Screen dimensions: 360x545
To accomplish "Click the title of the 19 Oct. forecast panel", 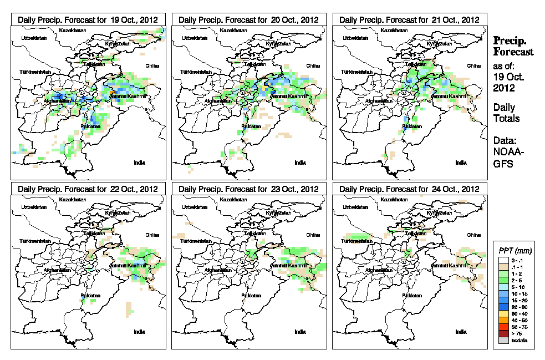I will tap(88, 19).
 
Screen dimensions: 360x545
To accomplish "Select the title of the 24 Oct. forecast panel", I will tap(409, 189).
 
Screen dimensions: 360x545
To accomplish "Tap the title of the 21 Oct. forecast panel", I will tap(409, 19).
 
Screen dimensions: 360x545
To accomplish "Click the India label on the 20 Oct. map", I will tap(300, 163).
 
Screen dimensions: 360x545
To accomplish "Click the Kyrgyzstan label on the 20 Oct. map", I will tap(278, 43).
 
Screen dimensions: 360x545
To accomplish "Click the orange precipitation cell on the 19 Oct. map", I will tap(112, 91).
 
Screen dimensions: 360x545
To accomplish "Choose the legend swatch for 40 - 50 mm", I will tap(502, 321).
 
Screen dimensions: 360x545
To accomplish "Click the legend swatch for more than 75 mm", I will tap(502, 333).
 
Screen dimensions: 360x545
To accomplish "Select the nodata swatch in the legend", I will tap(502, 340).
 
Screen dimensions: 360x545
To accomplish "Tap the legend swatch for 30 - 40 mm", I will tap(502, 314).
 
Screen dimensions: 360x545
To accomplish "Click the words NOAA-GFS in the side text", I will tap(505, 156).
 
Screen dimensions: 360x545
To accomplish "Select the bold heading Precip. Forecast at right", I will tap(513, 46).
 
